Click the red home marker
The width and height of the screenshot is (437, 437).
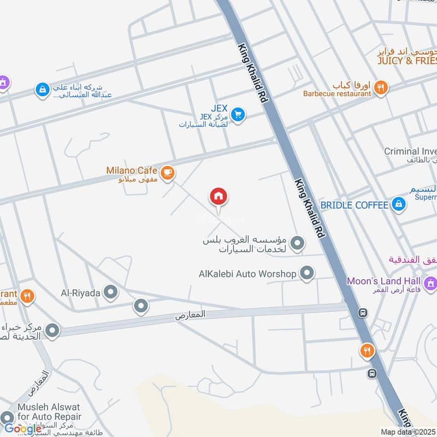[218, 197]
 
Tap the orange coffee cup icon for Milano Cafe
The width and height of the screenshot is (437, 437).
[168, 172]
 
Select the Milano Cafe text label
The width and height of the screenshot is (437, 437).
[132, 170]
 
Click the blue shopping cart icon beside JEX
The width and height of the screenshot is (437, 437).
[238, 115]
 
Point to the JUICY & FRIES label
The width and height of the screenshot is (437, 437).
[407, 61]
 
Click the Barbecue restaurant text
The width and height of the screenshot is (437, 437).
[337, 93]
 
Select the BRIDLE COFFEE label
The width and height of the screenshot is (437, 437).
[355, 205]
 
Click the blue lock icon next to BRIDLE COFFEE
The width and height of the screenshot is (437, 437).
[399, 205]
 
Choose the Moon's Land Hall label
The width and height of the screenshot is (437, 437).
[385, 281]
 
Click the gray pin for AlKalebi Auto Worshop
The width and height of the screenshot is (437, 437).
[308, 272]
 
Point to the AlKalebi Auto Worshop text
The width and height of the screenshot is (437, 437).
[247, 273]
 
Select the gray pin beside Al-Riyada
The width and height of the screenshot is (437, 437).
[111, 293]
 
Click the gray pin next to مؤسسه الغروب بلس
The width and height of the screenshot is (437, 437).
[297, 243]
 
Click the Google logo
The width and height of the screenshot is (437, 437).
[23, 429]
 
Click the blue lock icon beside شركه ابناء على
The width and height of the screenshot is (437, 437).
[42, 89]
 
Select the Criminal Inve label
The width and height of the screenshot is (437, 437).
[410, 151]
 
